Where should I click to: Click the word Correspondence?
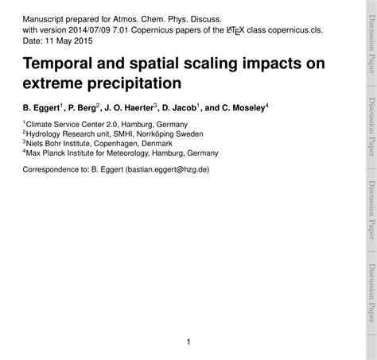[56, 169]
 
